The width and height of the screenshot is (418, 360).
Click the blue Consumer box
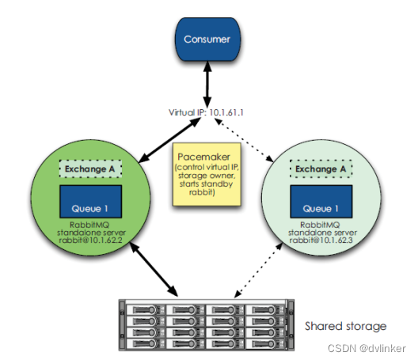[x=207, y=40]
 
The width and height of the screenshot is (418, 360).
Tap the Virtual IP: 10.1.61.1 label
[x=206, y=112]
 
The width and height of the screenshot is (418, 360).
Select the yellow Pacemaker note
[x=207, y=174]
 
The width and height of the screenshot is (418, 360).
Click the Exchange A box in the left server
[x=90, y=169]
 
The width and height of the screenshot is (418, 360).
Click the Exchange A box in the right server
[x=321, y=169]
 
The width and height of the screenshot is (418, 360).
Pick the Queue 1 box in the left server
[x=90, y=202]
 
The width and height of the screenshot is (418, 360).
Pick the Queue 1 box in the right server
[x=321, y=202]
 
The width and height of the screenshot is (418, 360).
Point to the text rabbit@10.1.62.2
[x=90, y=240]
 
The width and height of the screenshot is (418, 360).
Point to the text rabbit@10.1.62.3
[x=321, y=240]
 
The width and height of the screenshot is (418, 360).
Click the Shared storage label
[x=345, y=326]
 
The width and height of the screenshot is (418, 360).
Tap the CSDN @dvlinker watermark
[x=367, y=348]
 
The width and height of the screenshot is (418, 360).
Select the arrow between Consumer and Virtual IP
[x=207, y=85]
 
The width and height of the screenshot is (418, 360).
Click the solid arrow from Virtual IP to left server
[x=169, y=140]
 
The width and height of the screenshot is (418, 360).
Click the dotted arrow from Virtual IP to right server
[x=244, y=140]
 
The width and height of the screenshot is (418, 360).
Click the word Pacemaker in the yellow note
[x=204, y=157]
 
